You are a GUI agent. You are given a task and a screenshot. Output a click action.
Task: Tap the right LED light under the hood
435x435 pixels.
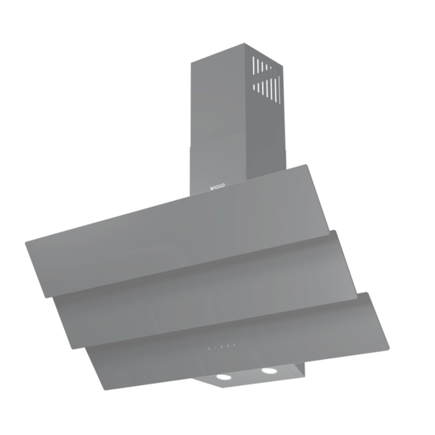(271, 370)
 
